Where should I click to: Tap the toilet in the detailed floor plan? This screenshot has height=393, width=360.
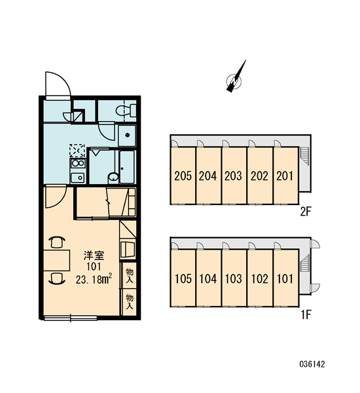126,110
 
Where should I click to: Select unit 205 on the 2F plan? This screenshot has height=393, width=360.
183,176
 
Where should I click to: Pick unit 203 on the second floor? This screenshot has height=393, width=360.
234,176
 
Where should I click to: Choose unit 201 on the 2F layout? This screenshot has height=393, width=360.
285,176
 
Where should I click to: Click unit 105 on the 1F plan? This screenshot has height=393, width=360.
183,278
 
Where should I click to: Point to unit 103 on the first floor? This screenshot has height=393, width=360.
234,278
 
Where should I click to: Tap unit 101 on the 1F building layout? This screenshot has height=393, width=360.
285,278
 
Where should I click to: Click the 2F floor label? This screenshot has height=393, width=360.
306,212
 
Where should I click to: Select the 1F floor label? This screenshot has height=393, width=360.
306,314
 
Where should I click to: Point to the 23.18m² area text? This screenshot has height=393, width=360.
94,280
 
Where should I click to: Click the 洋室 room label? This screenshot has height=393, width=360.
94,255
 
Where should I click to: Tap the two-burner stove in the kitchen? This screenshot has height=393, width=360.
78,163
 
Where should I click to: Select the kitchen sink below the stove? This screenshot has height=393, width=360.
78,178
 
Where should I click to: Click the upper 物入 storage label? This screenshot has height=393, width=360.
130,275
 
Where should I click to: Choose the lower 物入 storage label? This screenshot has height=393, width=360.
130,301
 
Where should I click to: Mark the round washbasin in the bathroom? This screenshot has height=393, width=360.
113,177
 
